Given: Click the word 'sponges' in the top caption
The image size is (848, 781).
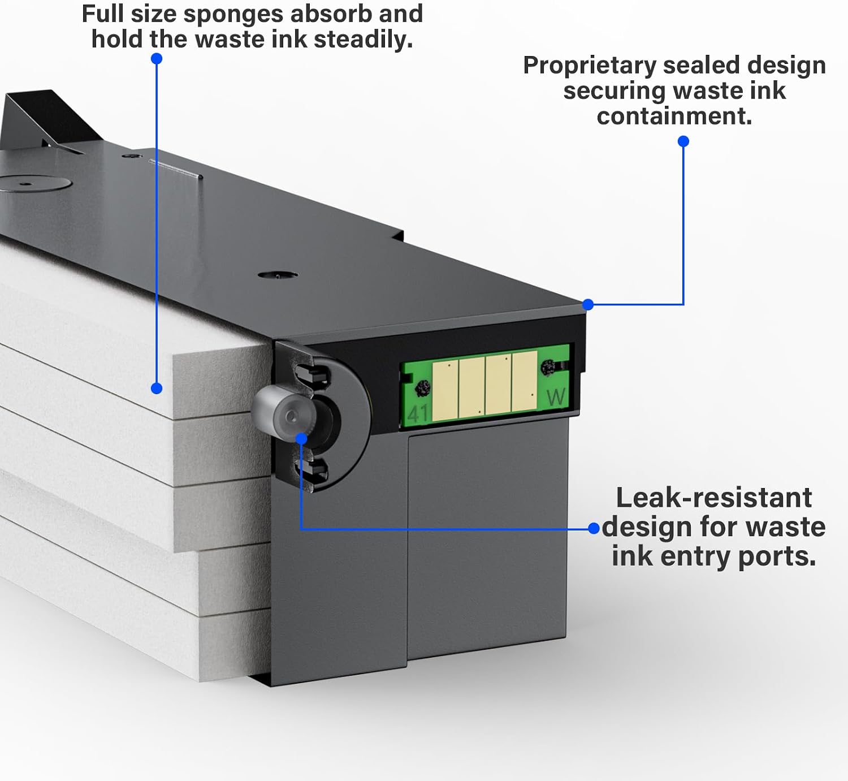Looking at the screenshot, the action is tap(234, 15).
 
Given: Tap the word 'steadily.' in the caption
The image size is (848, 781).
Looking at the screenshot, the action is tap(363, 40).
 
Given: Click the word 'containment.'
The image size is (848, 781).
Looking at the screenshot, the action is tap(674, 116).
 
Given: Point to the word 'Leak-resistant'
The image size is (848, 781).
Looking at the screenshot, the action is tap(713, 498).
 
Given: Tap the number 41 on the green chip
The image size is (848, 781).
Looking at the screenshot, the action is tap(418, 413).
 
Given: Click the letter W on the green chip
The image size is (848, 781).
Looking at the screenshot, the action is tap(555, 397).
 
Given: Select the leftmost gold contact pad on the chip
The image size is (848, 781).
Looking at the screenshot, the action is tap(445, 391).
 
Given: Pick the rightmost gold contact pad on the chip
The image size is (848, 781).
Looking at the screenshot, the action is tap(524, 381).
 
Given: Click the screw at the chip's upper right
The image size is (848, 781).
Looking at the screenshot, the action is tap(548, 367).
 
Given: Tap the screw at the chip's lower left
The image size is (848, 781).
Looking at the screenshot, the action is tap(422, 387).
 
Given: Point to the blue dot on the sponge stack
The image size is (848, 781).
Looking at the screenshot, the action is tap(157, 389).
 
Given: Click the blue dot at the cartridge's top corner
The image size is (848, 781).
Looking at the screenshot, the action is tap(587, 304).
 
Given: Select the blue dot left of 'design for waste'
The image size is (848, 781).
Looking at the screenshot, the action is tap(594, 528).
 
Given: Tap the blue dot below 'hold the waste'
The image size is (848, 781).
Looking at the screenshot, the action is tap(157, 58).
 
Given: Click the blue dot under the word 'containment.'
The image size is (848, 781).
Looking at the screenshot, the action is tap(683, 141).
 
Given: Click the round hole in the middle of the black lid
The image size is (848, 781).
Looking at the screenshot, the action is tap(278, 275).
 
